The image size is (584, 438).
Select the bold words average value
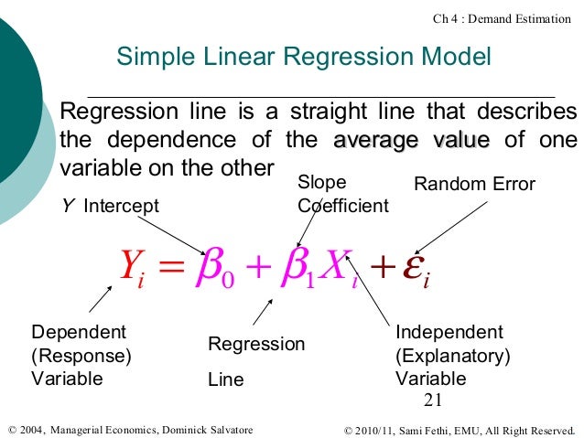click(411, 141)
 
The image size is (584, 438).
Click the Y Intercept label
click(109, 206)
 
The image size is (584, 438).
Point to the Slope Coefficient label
click(342, 195)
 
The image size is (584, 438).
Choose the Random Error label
click(474, 185)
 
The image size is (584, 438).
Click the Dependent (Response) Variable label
click(81, 355)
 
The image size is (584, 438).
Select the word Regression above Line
click(256, 344)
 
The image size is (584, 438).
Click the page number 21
click(433, 399)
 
